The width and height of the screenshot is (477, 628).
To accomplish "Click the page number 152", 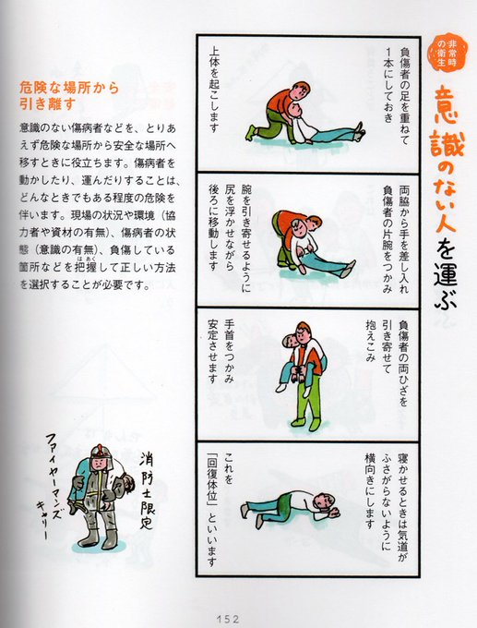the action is (228, 619).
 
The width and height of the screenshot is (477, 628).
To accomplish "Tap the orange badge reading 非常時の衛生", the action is (447, 52).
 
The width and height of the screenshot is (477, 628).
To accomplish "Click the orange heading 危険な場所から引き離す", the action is (69, 96).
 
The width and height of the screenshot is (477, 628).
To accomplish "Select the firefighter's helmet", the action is (100, 454).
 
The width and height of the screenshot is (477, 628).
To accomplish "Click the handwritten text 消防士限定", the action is (147, 490).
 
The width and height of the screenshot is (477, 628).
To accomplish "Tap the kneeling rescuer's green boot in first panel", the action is (251, 132).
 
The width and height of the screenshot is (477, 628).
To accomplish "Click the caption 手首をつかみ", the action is (229, 351).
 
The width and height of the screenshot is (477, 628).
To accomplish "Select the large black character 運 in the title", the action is (445, 272).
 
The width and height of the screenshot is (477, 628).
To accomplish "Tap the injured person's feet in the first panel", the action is (359, 130).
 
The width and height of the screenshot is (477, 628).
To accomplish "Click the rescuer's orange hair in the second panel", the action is (315, 221).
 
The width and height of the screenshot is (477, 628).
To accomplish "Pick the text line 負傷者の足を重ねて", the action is (403, 96).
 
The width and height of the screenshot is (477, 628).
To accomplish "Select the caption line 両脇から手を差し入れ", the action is (403, 239).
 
